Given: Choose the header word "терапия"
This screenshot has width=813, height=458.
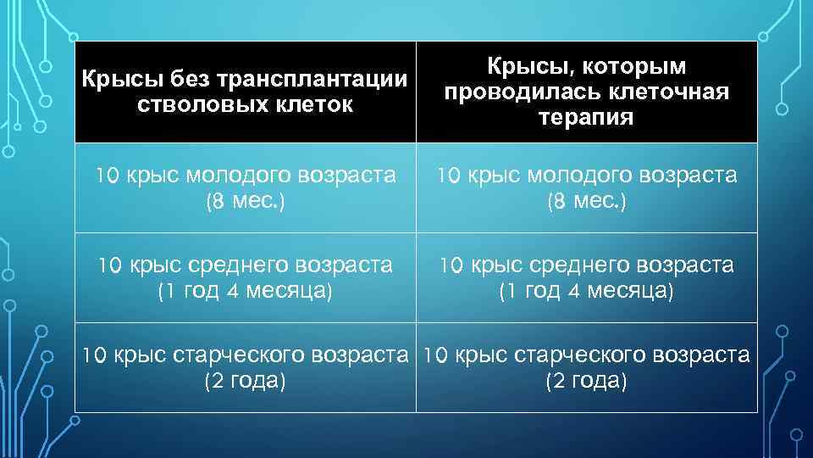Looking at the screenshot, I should tap(586, 117).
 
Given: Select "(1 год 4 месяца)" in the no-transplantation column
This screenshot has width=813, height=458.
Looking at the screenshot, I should tap(246, 292).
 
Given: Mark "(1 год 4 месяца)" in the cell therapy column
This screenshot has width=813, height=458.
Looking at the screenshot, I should tap(586, 292).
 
